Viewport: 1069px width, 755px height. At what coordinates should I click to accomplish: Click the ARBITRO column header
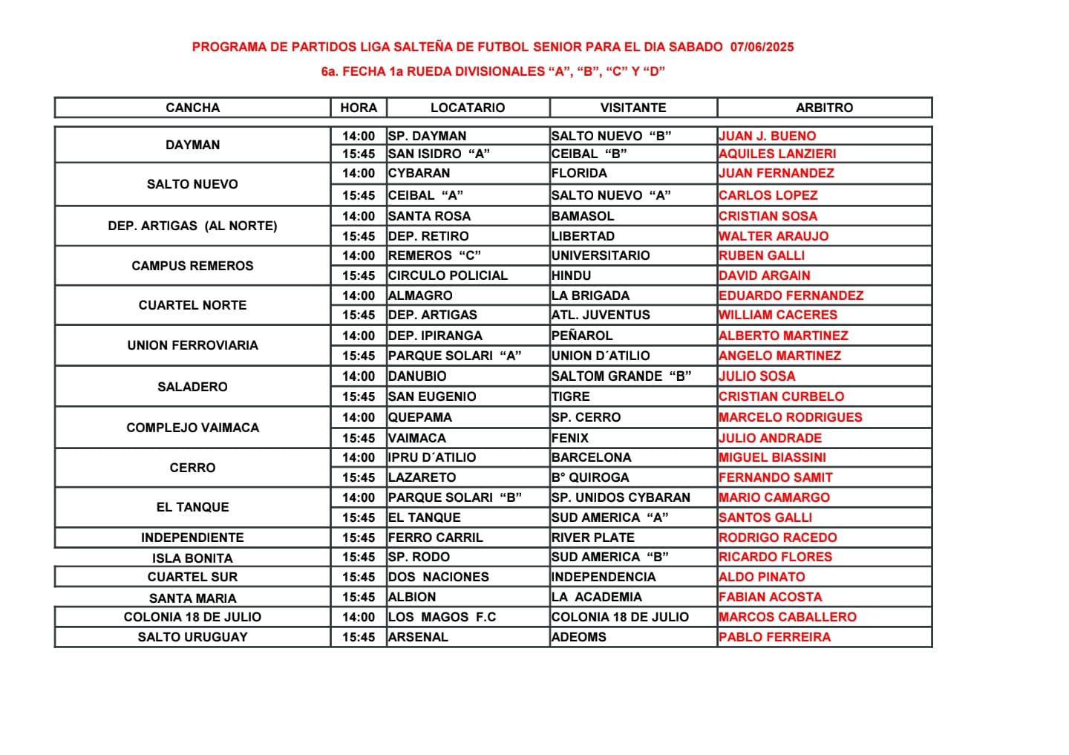(x=824, y=108)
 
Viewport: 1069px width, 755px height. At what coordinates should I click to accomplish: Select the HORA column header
(x=359, y=108)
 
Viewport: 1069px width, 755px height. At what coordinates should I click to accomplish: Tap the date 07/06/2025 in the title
(x=762, y=47)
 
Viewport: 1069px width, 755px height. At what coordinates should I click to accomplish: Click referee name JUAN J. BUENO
(x=768, y=136)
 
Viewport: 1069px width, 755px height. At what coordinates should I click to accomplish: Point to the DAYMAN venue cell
(x=192, y=145)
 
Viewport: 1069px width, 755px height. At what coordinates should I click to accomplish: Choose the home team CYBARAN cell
(x=419, y=173)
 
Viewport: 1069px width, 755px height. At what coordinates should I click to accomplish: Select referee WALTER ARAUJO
(x=774, y=236)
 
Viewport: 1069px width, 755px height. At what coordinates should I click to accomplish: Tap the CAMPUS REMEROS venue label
(x=192, y=266)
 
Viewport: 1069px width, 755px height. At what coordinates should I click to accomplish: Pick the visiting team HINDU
(x=572, y=275)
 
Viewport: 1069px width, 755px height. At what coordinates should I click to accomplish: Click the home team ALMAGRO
(x=420, y=295)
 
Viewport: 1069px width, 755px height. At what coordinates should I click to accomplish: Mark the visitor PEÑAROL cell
(x=582, y=336)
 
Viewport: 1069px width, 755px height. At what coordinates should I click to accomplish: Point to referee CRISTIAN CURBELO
(x=781, y=396)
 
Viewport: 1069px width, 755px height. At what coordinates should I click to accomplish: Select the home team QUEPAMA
(x=420, y=417)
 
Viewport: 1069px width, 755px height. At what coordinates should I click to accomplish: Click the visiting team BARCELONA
(x=592, y=457)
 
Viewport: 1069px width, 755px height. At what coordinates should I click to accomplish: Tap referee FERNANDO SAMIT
(x=776, y=477)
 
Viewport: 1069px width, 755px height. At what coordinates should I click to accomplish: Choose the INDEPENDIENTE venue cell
(x=192, y=537)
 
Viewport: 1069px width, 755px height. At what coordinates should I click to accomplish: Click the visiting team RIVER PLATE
(x=593, y=537)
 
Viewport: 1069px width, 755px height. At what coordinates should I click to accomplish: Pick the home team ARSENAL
(x=419, y=637)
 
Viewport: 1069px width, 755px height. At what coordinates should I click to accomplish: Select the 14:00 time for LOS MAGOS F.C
(x=359, y=617)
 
